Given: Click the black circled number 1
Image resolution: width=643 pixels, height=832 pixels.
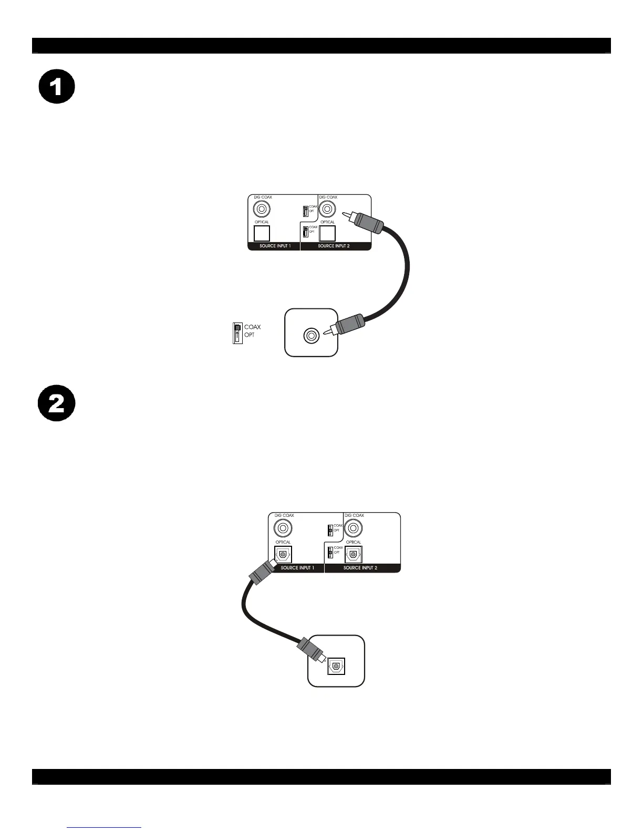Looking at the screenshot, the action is coord(57,86).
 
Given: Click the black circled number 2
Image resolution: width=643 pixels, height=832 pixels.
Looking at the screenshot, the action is coord(57,404).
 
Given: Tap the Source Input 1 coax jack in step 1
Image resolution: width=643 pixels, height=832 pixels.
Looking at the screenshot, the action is coord(262,209).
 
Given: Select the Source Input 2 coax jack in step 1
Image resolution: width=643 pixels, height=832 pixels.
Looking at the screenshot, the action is coord(327,209).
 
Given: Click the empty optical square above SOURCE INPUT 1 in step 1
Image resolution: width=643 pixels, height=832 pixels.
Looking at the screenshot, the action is coord(262,233).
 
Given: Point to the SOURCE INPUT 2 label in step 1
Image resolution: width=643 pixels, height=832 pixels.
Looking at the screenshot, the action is coord(334,246).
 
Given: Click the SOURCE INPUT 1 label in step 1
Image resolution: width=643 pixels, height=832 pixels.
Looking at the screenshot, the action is coord(275,246).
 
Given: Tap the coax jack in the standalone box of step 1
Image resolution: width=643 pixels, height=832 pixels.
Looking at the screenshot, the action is coord(312,335).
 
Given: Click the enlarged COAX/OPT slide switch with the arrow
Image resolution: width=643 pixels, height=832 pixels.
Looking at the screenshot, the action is coord(237,334).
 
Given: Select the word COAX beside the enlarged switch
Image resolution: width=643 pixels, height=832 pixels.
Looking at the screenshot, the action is coord(252,327).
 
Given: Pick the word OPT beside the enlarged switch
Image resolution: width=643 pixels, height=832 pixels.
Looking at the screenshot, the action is coord(250,335).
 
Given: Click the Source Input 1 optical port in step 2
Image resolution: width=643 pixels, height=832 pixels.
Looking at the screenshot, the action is coord(283,554).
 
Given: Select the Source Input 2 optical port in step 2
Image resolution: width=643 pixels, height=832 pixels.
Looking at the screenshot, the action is coord(354,554).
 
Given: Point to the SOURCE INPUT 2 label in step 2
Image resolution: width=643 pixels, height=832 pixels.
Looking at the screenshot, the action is coord(360,568).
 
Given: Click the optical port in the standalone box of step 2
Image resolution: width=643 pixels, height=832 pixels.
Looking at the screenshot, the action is coord(336,666).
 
